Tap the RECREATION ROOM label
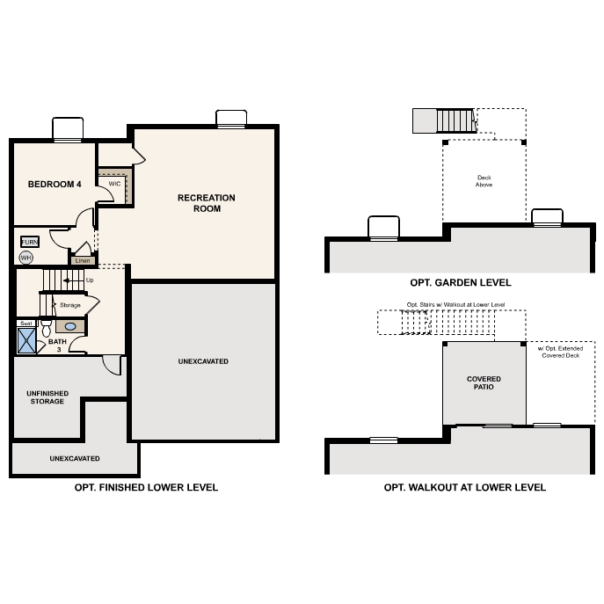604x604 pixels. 200,203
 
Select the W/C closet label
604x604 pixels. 114,184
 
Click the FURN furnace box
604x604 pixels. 30,242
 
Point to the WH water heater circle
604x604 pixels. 26,258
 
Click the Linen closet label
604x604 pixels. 83,261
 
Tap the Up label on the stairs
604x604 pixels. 90,280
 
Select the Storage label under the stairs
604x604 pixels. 70,305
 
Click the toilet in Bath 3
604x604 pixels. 46,327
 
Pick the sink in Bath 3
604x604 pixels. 70,326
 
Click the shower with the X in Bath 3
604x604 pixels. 27,340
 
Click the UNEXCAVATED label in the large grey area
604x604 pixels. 203,361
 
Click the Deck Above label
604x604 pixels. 484,181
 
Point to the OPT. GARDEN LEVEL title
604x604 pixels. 460,283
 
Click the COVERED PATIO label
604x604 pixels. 484,382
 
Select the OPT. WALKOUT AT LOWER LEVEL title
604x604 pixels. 464,487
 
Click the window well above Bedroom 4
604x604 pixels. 68,129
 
